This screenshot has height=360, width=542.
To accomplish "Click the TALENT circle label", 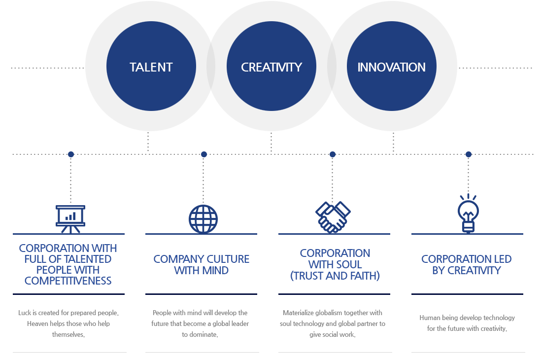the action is click(x=151, y=67).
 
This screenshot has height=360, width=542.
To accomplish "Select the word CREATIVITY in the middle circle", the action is click(x=271, y=67).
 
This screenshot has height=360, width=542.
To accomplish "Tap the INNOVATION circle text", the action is click(x=391, y=67).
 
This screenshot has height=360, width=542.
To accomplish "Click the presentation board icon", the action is click(x=70, y=219).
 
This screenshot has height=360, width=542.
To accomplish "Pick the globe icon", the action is click(x=203, y=219).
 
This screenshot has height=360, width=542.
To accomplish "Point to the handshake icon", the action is click(x=333, y=217).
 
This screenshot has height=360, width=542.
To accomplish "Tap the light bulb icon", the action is click(x=468, y=214).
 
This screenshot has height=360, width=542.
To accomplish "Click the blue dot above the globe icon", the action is click(x=204, y=154).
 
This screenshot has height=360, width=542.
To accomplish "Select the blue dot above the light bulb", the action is click(x=469, y=154).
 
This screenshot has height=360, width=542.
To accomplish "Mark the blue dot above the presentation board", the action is click(x=71, y=154).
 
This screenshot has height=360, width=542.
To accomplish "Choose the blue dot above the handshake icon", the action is click(x=333, y=154).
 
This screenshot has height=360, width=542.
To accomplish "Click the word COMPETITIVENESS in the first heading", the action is click(x=68, y=281).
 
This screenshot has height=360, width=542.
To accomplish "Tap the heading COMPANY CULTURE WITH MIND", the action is click(x=201, y=264).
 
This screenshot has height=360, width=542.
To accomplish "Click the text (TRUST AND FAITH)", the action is click(x=335, y=276).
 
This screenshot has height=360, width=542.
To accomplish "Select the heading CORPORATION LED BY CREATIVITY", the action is click(x=466, y=264).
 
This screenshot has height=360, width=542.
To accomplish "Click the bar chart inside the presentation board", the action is click(x=70, y=216).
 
